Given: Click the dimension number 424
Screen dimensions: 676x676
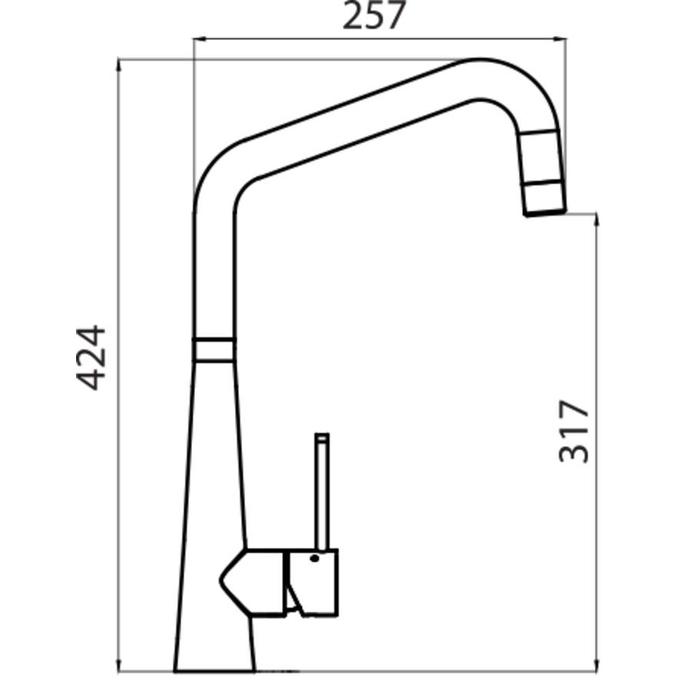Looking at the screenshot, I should [92, 358].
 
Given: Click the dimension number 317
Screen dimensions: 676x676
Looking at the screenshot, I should [575, 430].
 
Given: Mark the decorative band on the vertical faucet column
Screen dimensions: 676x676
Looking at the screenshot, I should [213, 350].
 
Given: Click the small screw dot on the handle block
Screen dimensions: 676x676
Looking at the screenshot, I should [313, 559].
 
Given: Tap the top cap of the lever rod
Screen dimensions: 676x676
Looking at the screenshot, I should [323, 438].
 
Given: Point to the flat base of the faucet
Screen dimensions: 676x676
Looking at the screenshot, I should [214, 664].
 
